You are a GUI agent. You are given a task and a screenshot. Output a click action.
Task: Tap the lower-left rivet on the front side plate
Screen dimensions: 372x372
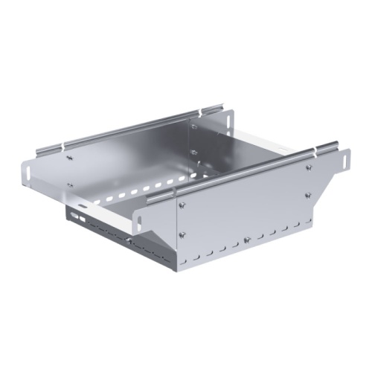pyautogui.click(x=183, y=236)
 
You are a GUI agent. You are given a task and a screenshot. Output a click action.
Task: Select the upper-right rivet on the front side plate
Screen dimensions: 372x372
pyautogui.click(x=307, y=167)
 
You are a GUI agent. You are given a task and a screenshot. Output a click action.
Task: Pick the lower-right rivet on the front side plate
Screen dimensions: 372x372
pyautogui.click(x=307, y=196)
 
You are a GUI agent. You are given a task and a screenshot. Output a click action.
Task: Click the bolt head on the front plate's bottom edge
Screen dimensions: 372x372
pyautogui.click(x=246, y=240)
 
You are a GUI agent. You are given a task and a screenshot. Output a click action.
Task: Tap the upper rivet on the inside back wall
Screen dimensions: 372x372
pyautogui.click(x=196, y=127)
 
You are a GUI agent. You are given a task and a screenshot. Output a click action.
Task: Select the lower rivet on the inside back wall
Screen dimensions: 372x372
pyautogui.click(x=196, y=153)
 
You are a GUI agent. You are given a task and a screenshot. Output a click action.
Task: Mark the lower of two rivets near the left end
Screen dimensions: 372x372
pyautogui.click(x=70, y=185)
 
